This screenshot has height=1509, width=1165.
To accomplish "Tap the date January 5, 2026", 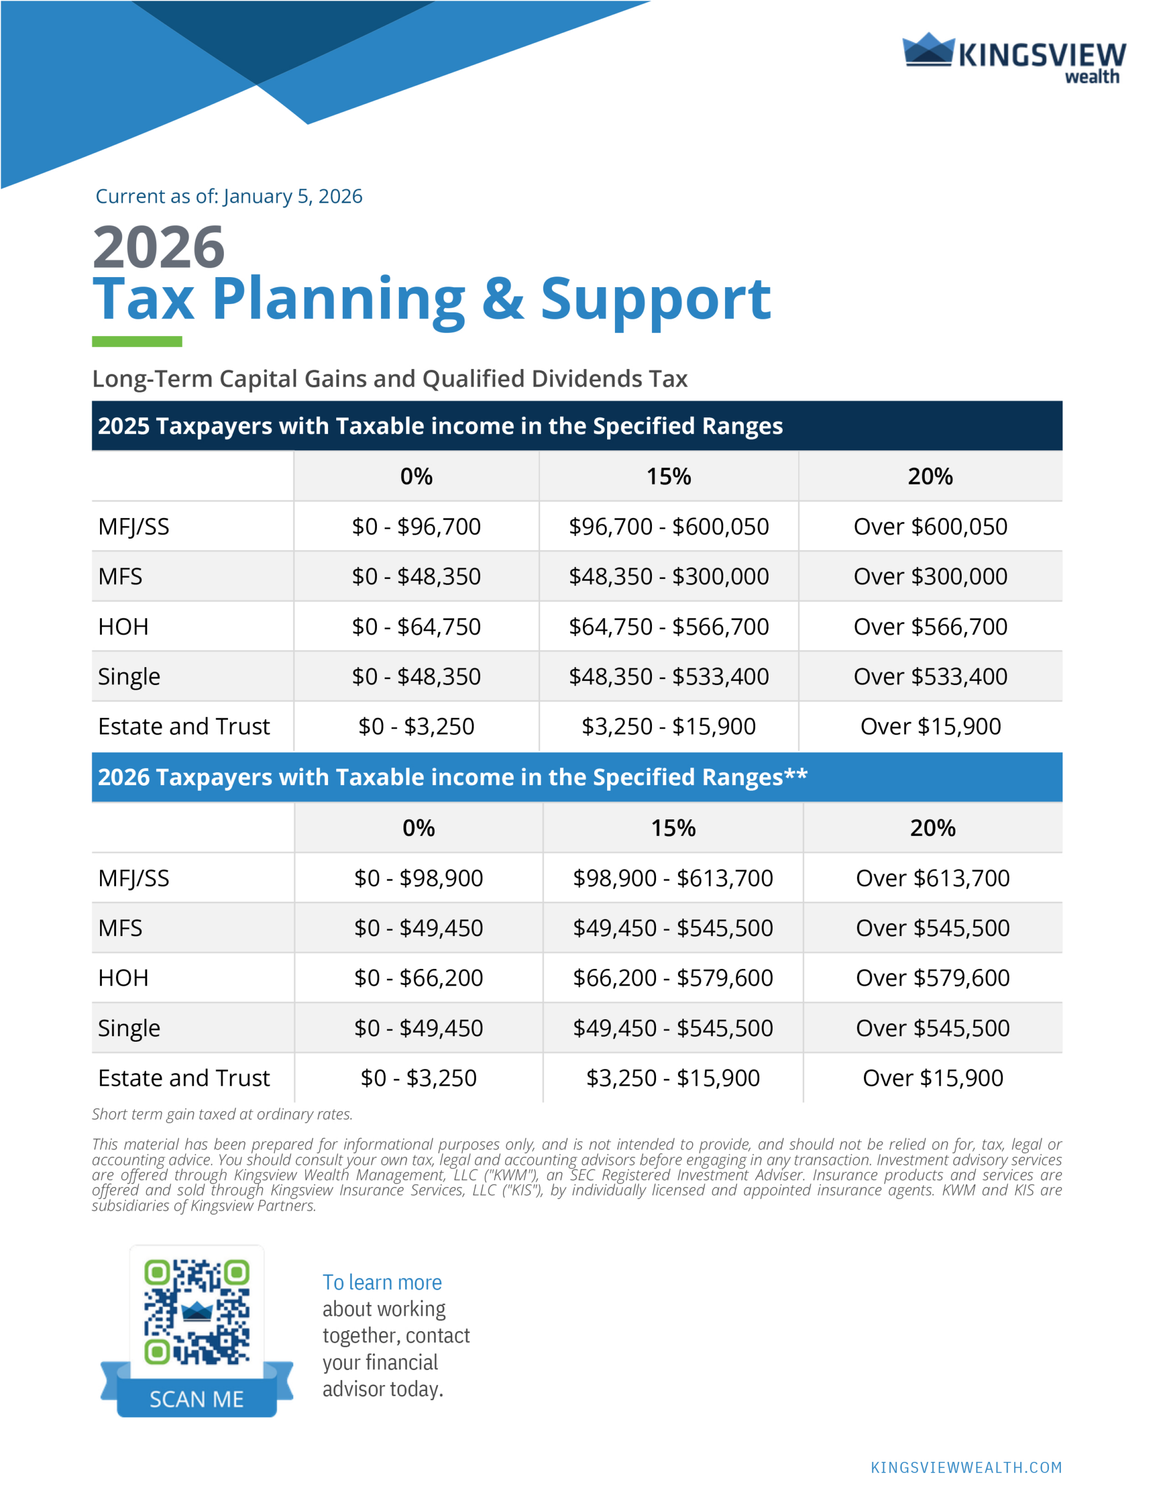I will click(293, 196).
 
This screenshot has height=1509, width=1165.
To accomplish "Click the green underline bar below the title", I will click(137, 341).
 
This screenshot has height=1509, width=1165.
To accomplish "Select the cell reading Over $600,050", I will click(929, 526).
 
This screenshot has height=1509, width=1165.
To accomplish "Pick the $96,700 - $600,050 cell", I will click(668, 526).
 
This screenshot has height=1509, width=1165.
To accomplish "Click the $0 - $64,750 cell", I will click(416, 627).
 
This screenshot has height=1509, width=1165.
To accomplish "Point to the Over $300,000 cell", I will click(929, 576).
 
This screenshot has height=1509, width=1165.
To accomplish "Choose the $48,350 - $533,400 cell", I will click(668, 677).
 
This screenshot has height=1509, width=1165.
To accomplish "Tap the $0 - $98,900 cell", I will click(419, 878).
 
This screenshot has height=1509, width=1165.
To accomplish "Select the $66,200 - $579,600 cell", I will click(673, 978).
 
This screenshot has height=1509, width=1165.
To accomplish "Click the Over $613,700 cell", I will click(932, 878).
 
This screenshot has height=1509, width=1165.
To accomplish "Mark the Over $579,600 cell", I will click(932, 978).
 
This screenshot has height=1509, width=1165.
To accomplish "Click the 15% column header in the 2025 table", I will click(668, 476).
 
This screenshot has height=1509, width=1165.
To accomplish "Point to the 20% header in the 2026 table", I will click(932, 828).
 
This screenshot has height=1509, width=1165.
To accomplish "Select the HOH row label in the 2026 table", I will click(124, 978).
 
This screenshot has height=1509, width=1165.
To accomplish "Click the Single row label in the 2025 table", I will click(129, 677).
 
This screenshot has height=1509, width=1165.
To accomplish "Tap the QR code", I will click(197, 1312).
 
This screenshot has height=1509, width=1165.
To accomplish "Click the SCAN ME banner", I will click(197, 1399).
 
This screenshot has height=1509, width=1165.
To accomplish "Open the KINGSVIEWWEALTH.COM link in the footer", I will click(965, 1468).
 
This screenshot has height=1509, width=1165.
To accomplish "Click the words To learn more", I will click(382, 1283).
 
